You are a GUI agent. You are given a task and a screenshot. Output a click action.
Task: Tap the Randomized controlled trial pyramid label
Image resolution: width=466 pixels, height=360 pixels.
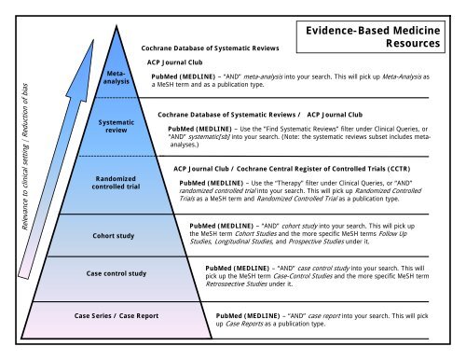coord(116,182)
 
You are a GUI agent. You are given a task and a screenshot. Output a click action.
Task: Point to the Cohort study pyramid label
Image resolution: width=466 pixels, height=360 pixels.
coord(116,235)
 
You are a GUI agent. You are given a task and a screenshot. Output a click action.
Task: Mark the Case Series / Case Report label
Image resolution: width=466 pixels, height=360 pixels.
coord(116,315)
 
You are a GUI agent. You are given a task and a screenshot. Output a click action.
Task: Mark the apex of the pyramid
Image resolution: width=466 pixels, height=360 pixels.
coord(117,25)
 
